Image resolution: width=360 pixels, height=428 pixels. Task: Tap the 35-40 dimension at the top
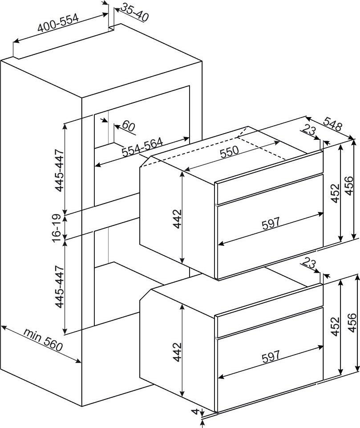pos(134,12)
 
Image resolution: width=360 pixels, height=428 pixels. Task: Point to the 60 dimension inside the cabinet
pos(129,126)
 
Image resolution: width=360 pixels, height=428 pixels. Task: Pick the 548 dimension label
pos(333,124)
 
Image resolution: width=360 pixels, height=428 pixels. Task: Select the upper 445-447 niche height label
pos(60,170)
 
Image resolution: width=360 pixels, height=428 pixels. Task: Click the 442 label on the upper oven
pos(178,219)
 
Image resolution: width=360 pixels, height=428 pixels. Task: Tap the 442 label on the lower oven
pos(178,352)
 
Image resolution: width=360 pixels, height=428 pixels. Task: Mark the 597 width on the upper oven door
pos(271,223)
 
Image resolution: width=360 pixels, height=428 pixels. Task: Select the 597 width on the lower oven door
pos(271,356)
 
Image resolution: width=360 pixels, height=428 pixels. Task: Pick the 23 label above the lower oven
pos(309,263)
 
